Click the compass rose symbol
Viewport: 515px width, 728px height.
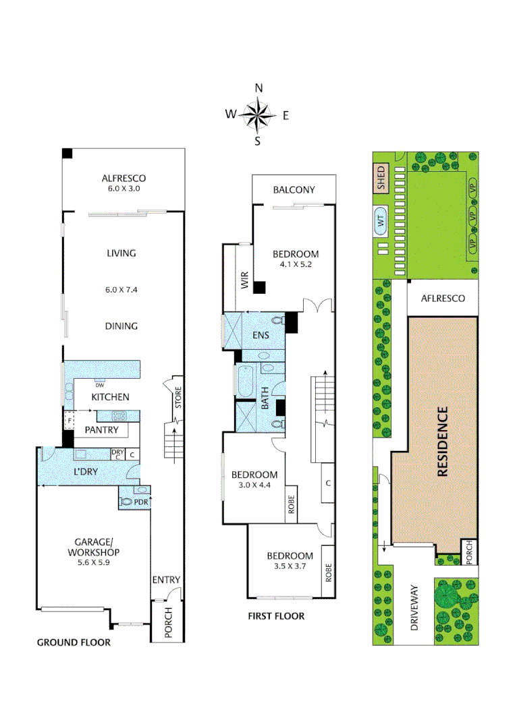click(x=257, y=115)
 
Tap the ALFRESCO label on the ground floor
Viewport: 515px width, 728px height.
click(x=124, y=179)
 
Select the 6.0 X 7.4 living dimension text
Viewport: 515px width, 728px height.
click(x=121, y=289)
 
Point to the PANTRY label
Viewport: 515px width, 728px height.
click(x=101, y=430)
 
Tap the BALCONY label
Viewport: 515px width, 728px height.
click(x=294, y=189)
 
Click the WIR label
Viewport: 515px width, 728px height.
click(x=244, y=280)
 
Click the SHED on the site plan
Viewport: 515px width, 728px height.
click(x=380, y=179)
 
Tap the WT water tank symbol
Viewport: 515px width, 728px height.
click(x=380, y=220)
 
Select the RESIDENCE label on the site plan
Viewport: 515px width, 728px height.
click(x=442, y=442)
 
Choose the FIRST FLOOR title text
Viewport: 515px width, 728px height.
click(x=275, y=615)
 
